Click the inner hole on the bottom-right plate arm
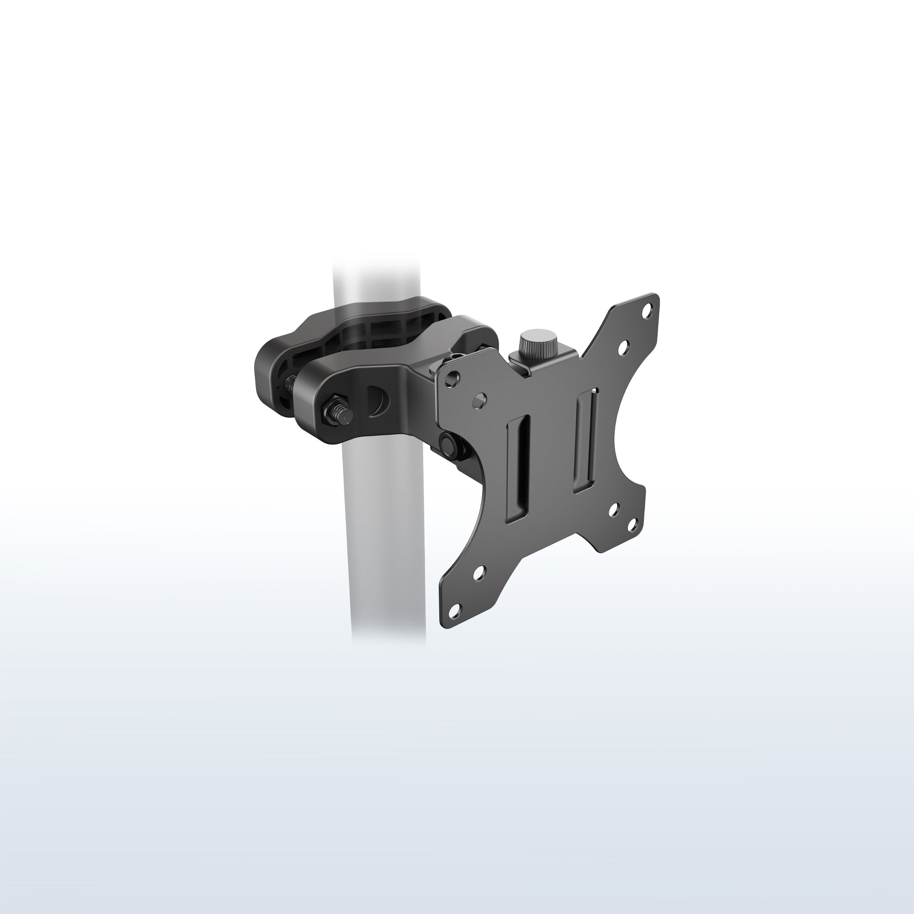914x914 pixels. (614, 510)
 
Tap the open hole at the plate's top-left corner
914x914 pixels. (453, 377)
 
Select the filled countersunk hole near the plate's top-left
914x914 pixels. (480, 399)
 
